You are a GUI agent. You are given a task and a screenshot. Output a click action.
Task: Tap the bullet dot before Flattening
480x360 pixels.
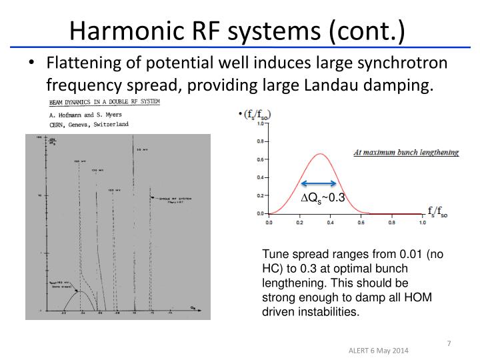tap(32, 64)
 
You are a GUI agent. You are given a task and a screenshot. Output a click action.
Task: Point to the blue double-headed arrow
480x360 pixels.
tap(317, 184)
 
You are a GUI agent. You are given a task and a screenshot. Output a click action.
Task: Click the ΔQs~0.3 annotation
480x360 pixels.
tap(322, 198)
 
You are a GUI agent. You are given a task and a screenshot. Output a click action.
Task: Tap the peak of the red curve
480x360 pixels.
tap(320, 154)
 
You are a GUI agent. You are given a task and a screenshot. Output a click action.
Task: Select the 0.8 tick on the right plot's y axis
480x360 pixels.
tap(261, 141)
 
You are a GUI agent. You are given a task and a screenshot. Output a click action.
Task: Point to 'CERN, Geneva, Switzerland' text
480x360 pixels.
tap(87, 124)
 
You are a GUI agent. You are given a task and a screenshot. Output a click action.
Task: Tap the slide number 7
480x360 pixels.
tap(449, 343)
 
